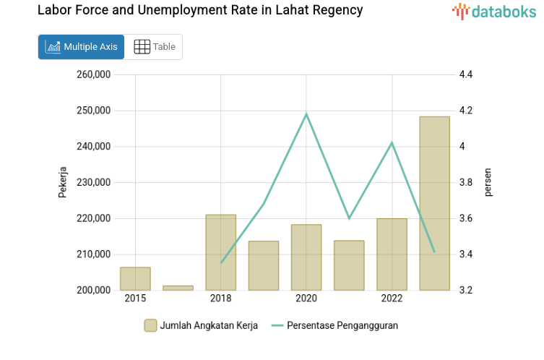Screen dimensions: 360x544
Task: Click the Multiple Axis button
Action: click(x=81, y=47)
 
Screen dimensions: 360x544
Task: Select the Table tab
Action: click(x=155, y=47)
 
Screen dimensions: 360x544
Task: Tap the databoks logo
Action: click(x=494, y=11)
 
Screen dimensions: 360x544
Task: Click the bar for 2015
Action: click(x=135, y=279)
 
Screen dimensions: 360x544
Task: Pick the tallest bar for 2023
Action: click(x=434, y=203)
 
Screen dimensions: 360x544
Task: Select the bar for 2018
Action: click(x=220, y=252)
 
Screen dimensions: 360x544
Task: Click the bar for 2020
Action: click(x=306, y=257)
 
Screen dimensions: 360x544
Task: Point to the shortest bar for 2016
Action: click(x=178, y=288)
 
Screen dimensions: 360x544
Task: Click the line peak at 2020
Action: click(x=306, y=114)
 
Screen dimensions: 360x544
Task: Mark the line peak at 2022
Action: click(x=392, y=143)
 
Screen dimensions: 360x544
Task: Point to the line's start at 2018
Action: click(x=221, y=262)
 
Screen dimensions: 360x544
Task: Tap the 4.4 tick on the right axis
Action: click(x=465, y=74)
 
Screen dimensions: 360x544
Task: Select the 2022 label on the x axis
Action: click(x=392, y=299)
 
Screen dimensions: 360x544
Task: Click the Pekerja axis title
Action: click(x=63, y=182)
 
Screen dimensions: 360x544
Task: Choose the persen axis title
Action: click(x=488, y=182)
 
